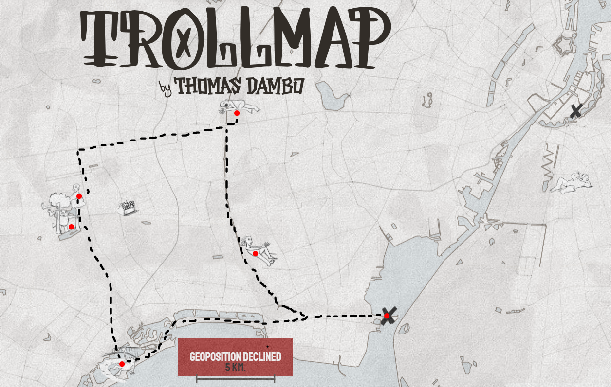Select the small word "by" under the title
click(166, 88)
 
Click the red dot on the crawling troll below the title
click(237, 113)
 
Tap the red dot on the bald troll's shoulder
click(79, 196)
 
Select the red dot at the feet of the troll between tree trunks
click(71, 227)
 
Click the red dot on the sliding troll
click(255, 253)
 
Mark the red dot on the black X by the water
click(387, 316)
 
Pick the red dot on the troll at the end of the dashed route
click(122, 364)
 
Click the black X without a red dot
click(576, 111)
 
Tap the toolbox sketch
click(127, 208)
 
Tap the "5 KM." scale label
click(236, 368)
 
